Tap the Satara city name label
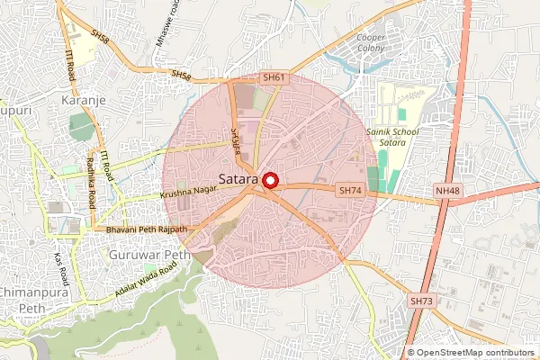(x=238, y=180)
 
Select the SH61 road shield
(x=274, y=79)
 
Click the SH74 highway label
(x=350, y=191)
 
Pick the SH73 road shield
(x=421, y=300)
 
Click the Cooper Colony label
(x=370, y=42)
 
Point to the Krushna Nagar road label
(x=188, y=193)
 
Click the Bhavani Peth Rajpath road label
(x=147, y=230)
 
